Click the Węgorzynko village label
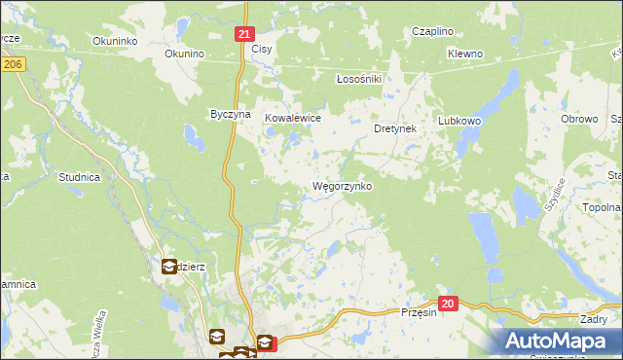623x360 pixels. click(341, 186)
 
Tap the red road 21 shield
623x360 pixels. click(244, 34)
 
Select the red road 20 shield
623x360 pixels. click(447, 305)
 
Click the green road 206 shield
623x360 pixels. click(12, 63)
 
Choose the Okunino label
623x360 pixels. click(183, 54)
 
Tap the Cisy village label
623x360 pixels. click(261, 49)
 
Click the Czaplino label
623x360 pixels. click(432, 31)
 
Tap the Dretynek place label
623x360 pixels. click(395, 127)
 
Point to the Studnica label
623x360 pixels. click(79, 177)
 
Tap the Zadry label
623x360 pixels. click(593, 319)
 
